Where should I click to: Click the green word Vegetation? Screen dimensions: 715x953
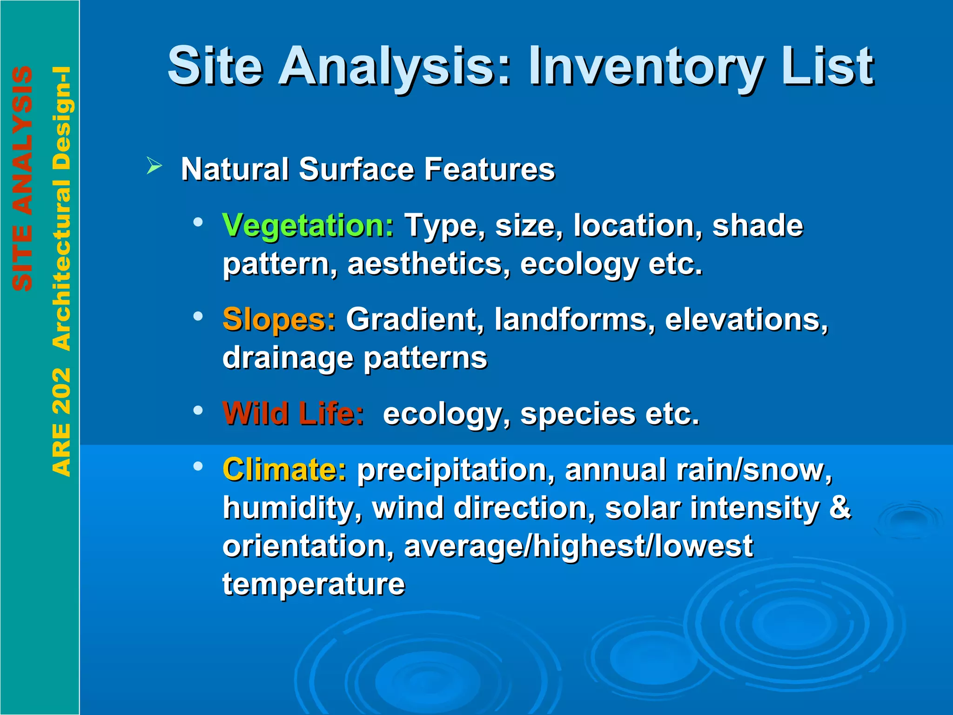point(308,226)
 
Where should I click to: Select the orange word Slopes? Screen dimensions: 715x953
point(279,320)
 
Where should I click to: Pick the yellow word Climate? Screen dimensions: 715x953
point(284,469)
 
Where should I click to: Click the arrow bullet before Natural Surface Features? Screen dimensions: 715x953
point(154,165)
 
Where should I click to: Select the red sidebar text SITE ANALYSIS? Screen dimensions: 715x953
point(22,179)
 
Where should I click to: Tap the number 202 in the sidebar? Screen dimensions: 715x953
point(62,391)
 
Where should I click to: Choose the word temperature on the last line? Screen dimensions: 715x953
point(314,584)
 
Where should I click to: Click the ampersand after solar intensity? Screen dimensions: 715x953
point(840,507)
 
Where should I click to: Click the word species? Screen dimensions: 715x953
point(577,414)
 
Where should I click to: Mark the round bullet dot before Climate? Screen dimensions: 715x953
point(198,466)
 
